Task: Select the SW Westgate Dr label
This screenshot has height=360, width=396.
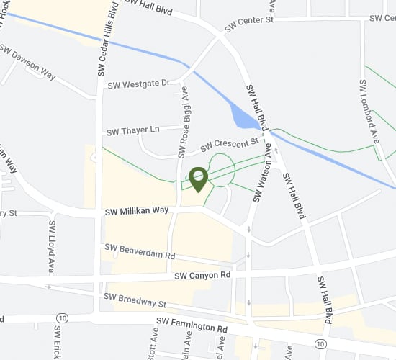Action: click(x=138, y=84)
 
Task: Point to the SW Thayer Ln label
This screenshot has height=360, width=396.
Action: click(x=133, y=130)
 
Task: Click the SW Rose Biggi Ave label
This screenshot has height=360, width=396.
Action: click(x=183, y=122)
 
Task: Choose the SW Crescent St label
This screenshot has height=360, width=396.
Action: click(x=230, y=144)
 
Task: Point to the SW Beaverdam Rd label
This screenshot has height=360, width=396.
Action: click(x=140, y=251)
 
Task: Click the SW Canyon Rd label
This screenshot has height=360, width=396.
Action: click(x=202, y=275)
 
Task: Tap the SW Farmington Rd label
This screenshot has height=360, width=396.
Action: click(x=192, y=327)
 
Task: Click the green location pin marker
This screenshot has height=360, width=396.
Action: click(x=198, y=177)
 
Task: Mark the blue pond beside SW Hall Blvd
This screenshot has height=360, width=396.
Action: click(x=243, y=116)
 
